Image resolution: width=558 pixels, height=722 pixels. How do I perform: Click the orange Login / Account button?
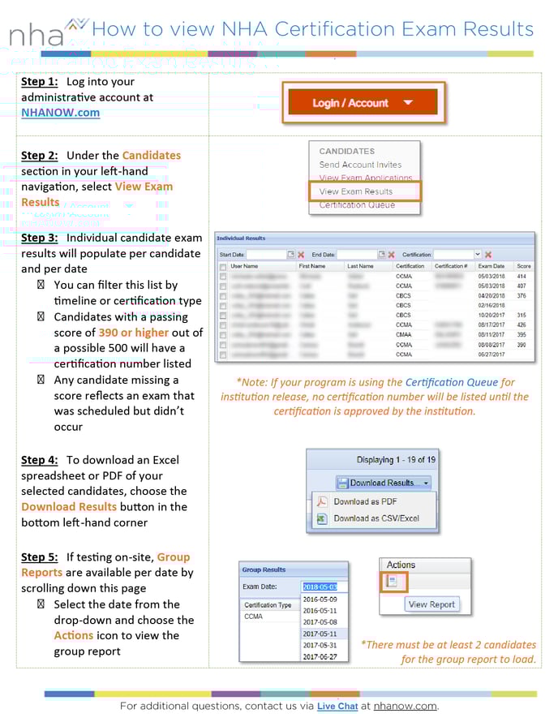click(x=363, y=103)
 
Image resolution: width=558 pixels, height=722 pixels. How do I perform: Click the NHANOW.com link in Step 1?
click(x=61, y=113)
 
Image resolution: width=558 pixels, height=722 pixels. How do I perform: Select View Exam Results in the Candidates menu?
click(x=356, y=191)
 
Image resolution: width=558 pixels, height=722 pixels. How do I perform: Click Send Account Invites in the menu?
click(x=360, y=165)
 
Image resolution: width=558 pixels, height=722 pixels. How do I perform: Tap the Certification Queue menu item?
click(x=357, y=205)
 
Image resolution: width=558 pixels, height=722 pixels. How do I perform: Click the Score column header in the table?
click(x=523, y=266)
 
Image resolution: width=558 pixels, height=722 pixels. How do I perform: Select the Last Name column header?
click(x=360, y=266)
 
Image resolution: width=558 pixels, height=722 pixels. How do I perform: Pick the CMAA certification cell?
click(x=404, y=334)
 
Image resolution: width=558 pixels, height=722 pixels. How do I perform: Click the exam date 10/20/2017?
click(x=491, y=315)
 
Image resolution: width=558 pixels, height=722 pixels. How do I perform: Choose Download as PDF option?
click(x=365, y=501)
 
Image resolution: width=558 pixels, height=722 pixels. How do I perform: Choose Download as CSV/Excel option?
click(x=376, y=518)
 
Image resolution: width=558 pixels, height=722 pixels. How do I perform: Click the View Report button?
click(x=431, y=604)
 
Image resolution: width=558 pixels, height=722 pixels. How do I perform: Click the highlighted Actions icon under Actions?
click(x=394, y=582)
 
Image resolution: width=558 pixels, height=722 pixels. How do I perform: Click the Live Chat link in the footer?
click(x=337, y=707)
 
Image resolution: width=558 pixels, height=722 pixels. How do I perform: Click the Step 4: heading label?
click(x=40, y=460)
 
